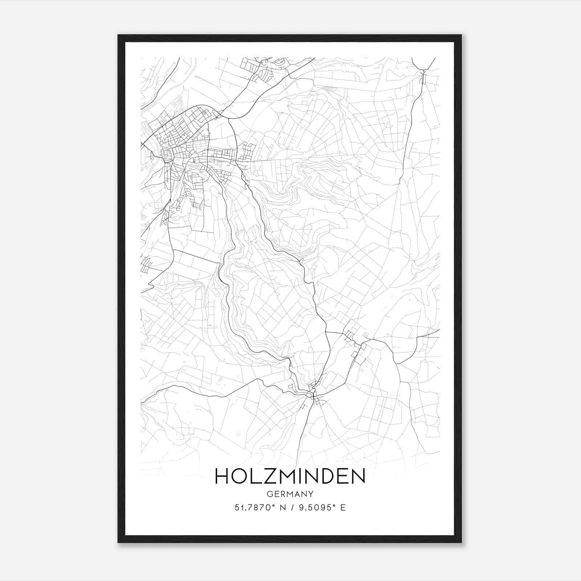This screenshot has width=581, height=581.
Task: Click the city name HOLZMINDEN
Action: [290, 476]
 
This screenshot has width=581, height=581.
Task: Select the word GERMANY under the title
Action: [290, 494]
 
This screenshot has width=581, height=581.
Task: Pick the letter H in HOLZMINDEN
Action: [222, 476]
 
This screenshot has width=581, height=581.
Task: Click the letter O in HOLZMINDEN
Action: [239, 476]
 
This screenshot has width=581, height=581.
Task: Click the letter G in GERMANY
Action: [269, 494]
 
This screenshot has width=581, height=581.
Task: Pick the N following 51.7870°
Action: [283, 507]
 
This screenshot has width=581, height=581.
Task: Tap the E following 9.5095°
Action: [343, 507]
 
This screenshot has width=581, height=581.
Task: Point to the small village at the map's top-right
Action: [423, 74]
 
